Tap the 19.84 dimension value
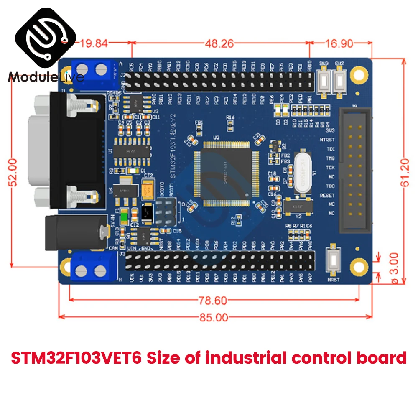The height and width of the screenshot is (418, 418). click(94, 43)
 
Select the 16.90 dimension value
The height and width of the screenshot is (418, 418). click(339, 43)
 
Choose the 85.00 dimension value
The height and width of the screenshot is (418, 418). click(213, 318)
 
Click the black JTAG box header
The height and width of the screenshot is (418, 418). click(355, 171)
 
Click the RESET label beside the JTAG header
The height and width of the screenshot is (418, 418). click(327, 195)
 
